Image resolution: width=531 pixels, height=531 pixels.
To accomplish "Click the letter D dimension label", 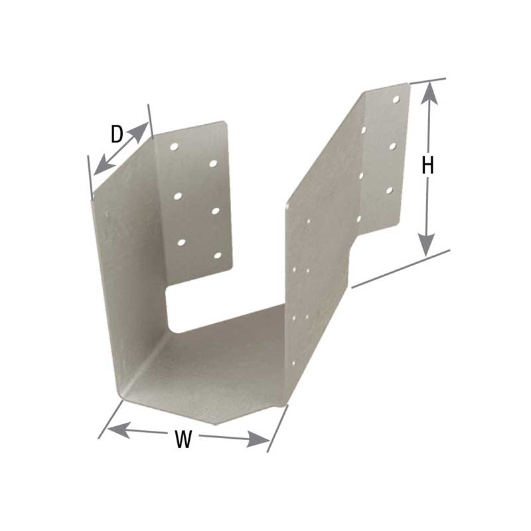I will [117, 135].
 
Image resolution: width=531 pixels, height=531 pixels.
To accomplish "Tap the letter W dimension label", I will [184, 438].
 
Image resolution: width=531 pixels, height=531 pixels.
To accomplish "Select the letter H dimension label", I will [428, 166].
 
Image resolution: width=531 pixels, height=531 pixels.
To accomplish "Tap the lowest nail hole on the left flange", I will [218, 256].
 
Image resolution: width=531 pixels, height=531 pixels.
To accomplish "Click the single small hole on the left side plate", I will [108, 214].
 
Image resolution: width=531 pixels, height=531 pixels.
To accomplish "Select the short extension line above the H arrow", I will [428, 80].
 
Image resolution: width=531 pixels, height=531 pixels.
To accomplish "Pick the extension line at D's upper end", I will [151, 121].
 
